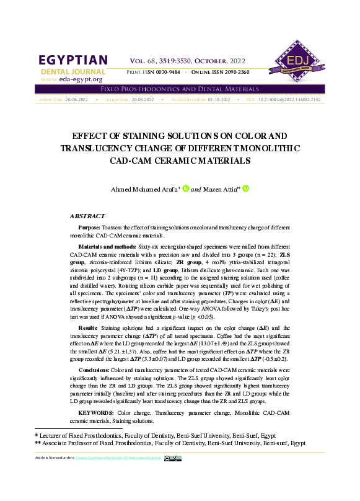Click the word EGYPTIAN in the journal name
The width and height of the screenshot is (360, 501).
pos(74,60)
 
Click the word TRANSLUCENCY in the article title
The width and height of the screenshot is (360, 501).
pos(100,148)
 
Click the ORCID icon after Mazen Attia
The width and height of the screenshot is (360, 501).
pos(245,188)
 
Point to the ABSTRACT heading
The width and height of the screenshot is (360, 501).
pos(87,216)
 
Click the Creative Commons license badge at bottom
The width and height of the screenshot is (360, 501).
pos(172,458)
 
